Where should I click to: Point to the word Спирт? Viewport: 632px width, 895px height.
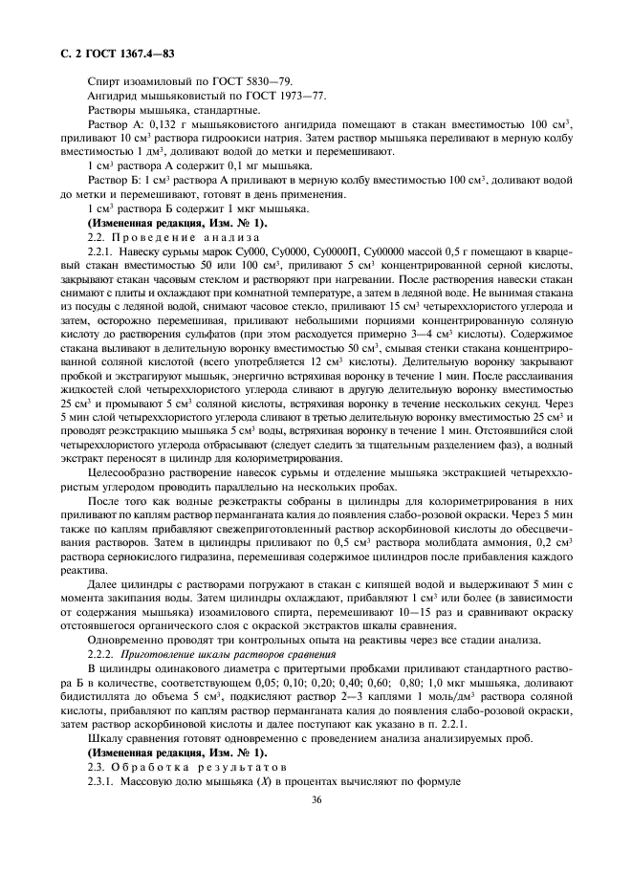pyautogui.click(x=103, y=82)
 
